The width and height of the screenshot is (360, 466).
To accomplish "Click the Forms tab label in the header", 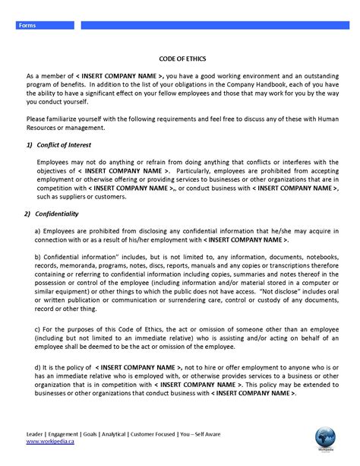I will [27, 26].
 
